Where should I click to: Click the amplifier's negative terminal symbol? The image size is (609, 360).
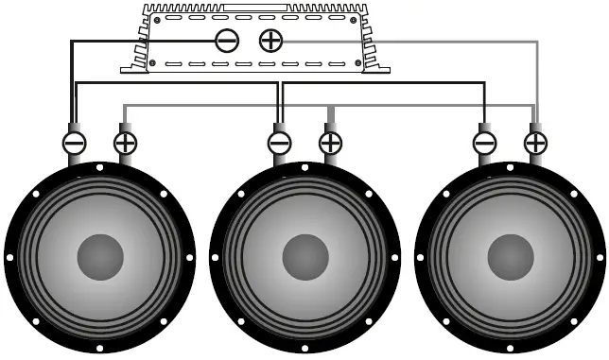click(x=227, y=40)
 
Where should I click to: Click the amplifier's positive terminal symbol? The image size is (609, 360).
click(x=271, y=40)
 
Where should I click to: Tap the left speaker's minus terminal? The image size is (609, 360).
click(x=74, y=143)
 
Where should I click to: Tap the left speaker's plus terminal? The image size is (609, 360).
click(x=125, y=143)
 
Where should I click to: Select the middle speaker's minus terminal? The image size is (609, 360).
click(x=279, y=143)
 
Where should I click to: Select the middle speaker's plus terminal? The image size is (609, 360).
click(x=330, y=143)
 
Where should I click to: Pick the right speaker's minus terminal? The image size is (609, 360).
click(x=484, y=143)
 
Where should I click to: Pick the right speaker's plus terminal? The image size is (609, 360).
click(x=535, y=143)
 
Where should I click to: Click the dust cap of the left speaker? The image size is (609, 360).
click(x=100, y=257)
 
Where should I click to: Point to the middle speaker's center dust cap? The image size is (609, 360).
click(x=305, y=257)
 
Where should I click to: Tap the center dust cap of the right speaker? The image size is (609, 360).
click(x=511, y=257)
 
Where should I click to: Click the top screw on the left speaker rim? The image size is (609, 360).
click(x=100, y=168)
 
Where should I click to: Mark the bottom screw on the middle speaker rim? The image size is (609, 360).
click(x=305, y=347)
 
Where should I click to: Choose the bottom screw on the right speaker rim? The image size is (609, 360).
click(x=511, y=347)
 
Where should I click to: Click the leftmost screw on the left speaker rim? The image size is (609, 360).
click(x=10, y=257)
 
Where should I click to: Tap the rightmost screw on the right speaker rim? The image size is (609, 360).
click(x=600, y=257)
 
